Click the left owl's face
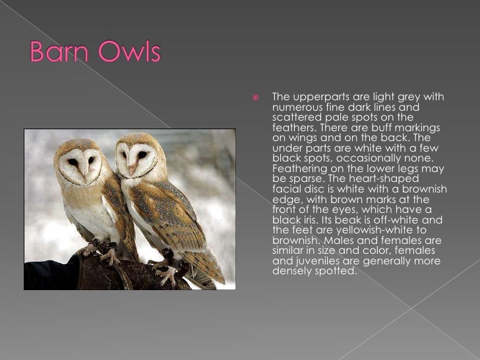[x=80, y=162]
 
